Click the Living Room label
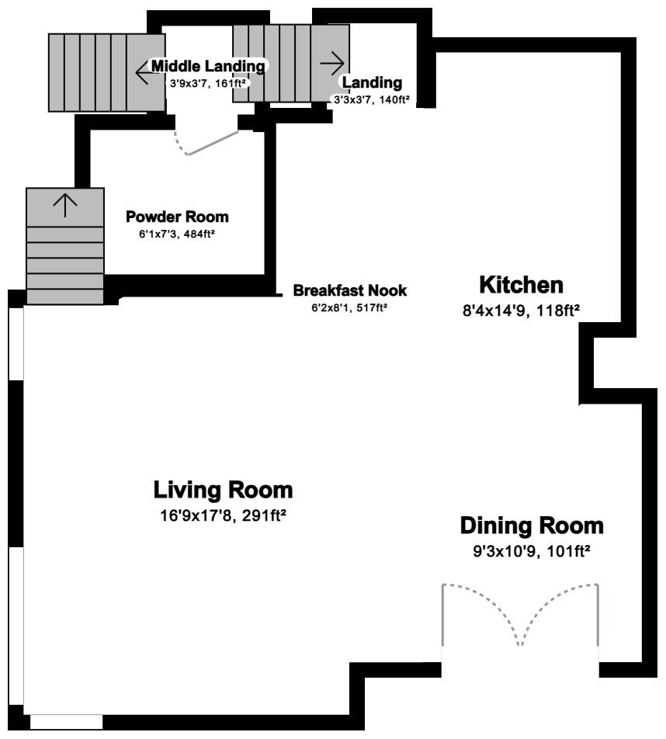pyautogui.click(x=223, y=491)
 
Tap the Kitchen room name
pyautogui.click(x=520, y=285)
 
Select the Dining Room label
pyautogui.click(x=531, y=526)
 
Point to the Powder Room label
pyautogui.click(x=177, y=217)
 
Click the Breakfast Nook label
pyautogui.click(x=349, y=291)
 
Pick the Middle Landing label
pyautogui.click(x=207, y=67)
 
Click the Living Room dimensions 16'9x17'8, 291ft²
pyautogui.click(x=223, y=515)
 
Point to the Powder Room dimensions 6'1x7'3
pyautogui.click(x=171, y=234)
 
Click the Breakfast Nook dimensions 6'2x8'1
pyautogui.click(x=349, y=308)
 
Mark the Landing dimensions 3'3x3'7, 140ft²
pyautogui.click(x=371, y=99)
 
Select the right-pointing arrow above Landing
pyautogui.click(x=332, y=61)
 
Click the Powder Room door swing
pyautogui.click(x=208, y=144)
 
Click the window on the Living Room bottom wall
pyautogui.click(x=66, y=722)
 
